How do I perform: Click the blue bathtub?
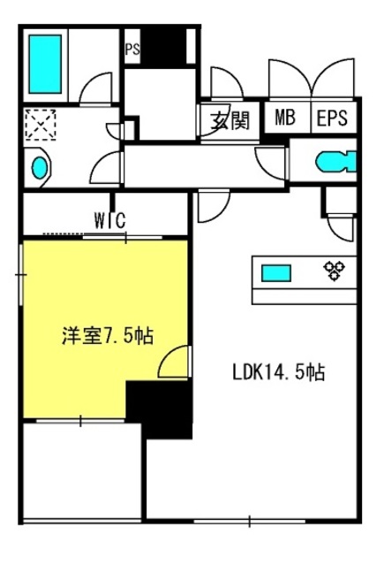coord(45,65)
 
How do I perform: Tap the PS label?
coord(132,50)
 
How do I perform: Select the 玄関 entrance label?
coord(230,119)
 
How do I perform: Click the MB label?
coord(285,118)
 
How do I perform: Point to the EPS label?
coord(332,118)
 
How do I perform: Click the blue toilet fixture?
coord(336,162)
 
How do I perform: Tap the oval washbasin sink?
coord(40,168)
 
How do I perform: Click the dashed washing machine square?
coord(41,125)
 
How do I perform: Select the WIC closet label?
coord(110,220)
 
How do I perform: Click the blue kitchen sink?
coord(276,273)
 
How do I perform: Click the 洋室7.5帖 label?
coord(108,336)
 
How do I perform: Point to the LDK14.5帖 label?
coord(278,372)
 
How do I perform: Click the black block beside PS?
coord(163,47)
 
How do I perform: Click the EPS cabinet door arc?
coord(333,78)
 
